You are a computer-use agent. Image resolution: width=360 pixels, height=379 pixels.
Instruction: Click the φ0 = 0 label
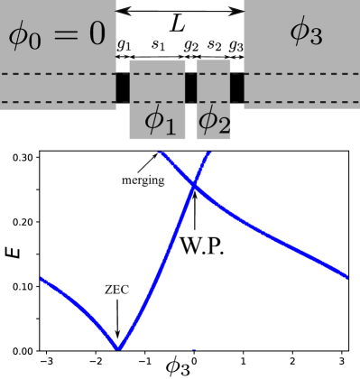[56, 35]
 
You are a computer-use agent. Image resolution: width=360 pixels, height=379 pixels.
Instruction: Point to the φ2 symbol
[214, 120]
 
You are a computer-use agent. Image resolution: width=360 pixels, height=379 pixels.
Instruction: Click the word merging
[143, 180]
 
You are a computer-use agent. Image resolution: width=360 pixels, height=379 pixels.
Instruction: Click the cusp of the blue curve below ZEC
[117, 348]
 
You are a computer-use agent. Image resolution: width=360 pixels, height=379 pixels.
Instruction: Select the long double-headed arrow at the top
[180, 10]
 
